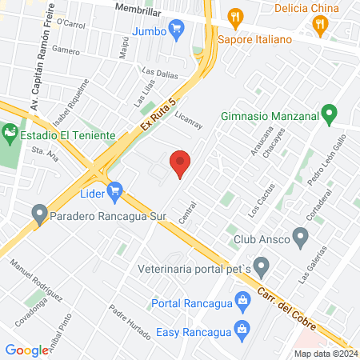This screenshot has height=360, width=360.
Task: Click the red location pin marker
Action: point(181,162)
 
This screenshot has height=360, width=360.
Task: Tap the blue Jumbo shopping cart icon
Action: point(178,30)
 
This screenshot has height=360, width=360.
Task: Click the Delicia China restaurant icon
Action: point(321,25)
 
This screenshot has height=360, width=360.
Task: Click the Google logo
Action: point(27,350)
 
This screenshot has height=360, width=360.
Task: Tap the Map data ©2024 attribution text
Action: point(325,354)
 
